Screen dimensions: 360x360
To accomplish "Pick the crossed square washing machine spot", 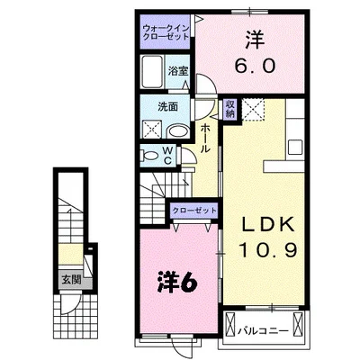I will click(x=148, y=131).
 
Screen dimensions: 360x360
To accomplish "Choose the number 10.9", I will click(x=268, y=245).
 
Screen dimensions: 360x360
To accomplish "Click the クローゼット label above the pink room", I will click(x=195, y=210).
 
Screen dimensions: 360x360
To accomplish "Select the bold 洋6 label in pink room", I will click(x=178, y=281).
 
